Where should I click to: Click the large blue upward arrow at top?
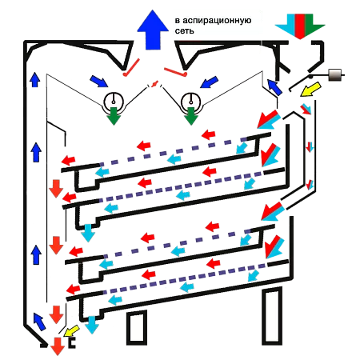coord(153,30)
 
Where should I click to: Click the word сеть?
coord(184,31)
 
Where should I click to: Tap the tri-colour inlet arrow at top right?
coord(300,26)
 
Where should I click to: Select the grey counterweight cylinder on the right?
coord(334,75)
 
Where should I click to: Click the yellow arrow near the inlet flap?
coord(310,90)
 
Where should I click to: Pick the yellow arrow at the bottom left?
coord(72,330)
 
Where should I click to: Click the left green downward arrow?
coord(114,116)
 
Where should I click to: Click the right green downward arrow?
coord(190,116)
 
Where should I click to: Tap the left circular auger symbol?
coord(114,102)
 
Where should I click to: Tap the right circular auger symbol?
coord(190,102)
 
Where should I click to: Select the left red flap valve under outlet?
coord(131,67)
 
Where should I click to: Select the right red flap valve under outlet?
coord(175,71)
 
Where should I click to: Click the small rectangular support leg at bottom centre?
coord(137,327)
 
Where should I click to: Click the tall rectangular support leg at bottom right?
coord(272,316)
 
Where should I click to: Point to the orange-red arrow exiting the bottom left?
coord(58,346)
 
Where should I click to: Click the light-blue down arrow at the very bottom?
coord(92,326)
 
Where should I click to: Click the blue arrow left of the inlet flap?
coord(274,87)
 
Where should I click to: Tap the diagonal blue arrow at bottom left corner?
coord(39,322)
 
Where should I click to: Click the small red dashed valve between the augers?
coord(154,84)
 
